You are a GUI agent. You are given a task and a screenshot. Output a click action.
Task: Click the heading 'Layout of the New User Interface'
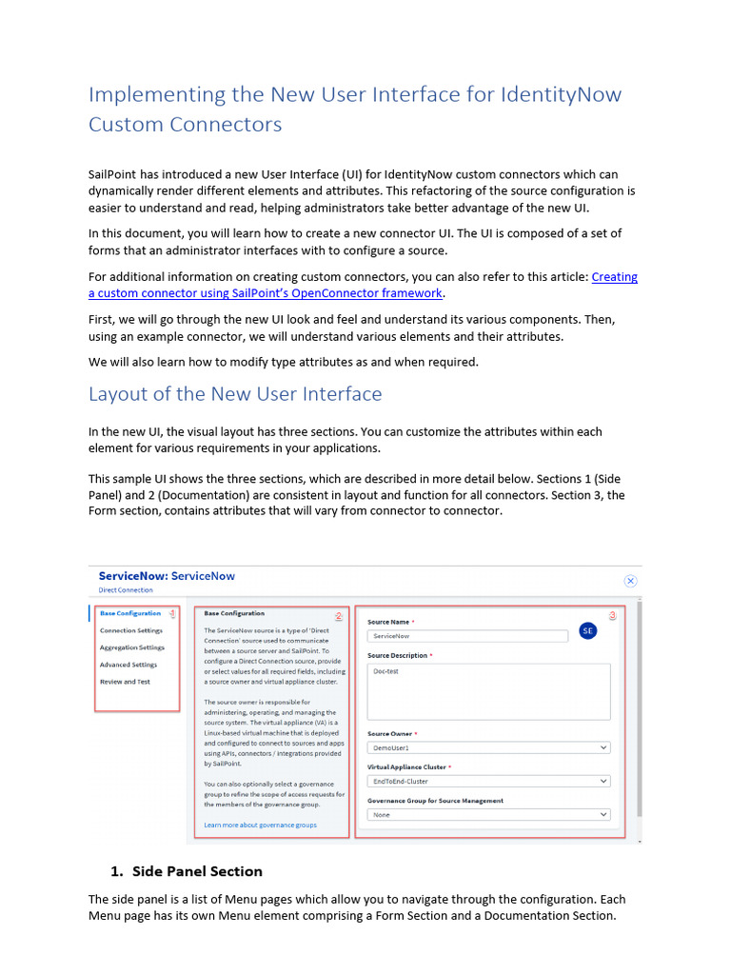(x=235, y=394)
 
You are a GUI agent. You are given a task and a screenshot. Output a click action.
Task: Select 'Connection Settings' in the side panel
(x=130, y=630)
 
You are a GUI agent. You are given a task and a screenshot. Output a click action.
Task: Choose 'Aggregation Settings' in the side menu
(x=131, y=647)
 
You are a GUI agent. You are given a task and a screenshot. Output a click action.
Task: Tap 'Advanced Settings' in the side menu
(x=128, y=665)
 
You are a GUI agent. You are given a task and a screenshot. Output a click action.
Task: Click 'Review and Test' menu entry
(x=125, y=682)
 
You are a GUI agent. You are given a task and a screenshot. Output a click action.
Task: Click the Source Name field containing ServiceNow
(x=466, y=635)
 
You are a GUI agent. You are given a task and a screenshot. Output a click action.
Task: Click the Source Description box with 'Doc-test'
(x=488, y=691)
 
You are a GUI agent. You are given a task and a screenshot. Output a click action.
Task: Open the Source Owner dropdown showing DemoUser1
(x=488, y=748)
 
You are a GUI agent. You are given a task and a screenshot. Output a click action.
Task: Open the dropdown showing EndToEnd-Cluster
(x=488, y=782)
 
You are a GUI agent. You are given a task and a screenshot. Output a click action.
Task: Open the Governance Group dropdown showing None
(x=488, y=815)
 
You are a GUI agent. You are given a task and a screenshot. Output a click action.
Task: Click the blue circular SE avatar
(x=588, y=630)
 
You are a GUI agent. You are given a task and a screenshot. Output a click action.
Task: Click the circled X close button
(x=630, y=581)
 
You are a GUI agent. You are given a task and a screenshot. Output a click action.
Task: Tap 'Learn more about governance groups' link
(x=260, y=825)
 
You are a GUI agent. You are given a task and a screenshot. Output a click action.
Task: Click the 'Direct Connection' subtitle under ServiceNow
(x=126, y=590)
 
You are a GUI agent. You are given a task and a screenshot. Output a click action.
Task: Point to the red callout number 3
(x=612, y=616)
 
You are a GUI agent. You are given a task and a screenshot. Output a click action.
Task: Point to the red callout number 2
(x=338, y=615)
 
